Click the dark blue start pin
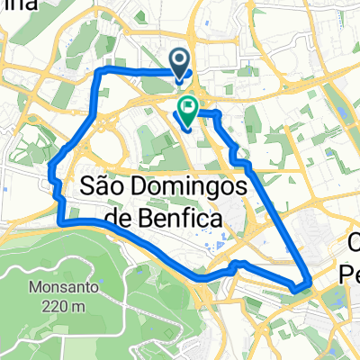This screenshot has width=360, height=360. point(180,62)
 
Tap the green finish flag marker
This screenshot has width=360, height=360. point(189,111)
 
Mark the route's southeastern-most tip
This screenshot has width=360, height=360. point(297,288)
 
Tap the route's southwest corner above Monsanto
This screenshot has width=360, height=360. point(59,220)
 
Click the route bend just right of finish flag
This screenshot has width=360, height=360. point(217,113)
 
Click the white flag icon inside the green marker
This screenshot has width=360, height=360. point(189,109)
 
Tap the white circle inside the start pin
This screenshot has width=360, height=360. point(180,60)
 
